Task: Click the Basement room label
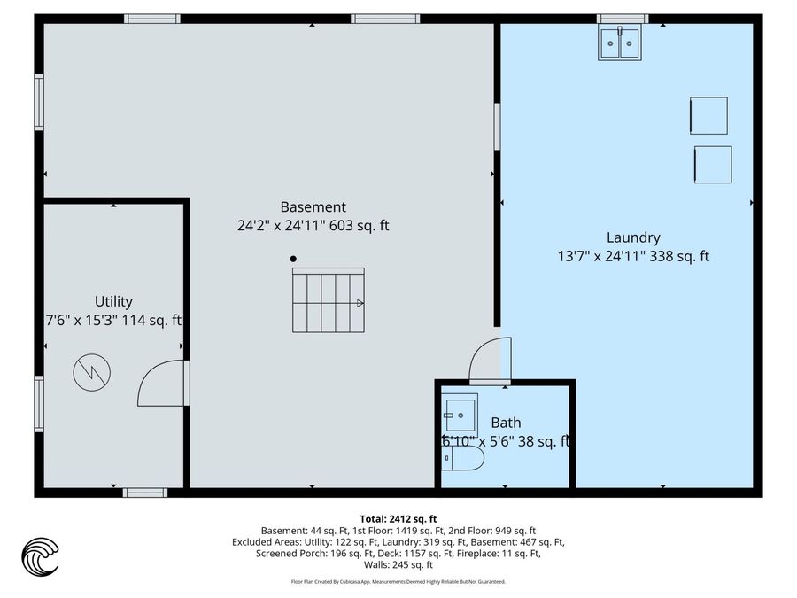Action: click(313, 206)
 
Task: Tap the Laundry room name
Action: click(633, 237)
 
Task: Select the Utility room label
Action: click(113, 301)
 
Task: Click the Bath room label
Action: click(506, 423)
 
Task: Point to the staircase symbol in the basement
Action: click(329, 300)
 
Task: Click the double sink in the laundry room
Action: click(620, 43)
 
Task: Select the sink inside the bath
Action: click(460, 412)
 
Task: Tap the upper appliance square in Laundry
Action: click(708, 116)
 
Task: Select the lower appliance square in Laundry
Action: click(713, 165)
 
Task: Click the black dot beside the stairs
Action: click(293, 260)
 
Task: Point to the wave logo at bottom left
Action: click(40, 557)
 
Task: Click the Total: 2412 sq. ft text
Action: click(398, 518)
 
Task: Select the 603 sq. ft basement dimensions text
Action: click(313, 226)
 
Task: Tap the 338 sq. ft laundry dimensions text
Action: click(633, 257)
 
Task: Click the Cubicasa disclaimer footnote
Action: click(398, 582)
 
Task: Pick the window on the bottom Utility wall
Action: click(144, 492)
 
